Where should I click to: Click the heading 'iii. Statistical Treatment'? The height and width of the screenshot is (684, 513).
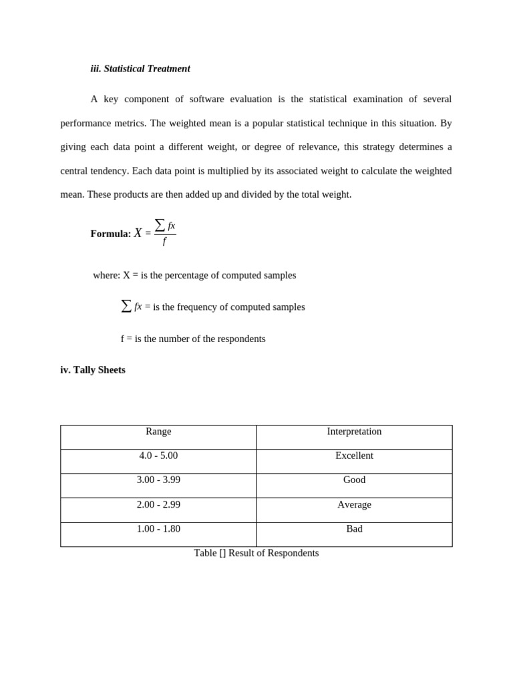(x=140, y=69)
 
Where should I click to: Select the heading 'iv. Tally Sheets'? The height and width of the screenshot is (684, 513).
(x=93, y=370)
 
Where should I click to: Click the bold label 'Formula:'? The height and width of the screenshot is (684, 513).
(x=110, y=234)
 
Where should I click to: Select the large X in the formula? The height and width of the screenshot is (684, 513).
(x=138, y=233)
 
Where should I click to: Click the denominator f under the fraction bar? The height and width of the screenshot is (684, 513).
(x=164, y=242)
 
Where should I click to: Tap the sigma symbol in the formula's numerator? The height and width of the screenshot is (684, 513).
(x=160, y=225)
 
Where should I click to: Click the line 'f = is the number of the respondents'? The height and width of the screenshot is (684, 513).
(x=193, y=339)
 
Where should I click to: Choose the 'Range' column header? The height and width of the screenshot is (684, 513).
(x=158, y=432)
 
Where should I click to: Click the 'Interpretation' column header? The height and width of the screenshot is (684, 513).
(x=354, y=432)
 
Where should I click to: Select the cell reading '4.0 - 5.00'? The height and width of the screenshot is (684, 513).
(x=158, y=456)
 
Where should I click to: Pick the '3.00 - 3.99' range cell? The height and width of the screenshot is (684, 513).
(x=158, y=480)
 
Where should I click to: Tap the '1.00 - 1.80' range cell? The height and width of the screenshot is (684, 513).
(x=158, y=529)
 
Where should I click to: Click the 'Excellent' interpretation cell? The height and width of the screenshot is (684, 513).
(x=354, y=456)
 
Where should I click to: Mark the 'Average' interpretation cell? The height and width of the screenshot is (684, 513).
(x=354, y=505)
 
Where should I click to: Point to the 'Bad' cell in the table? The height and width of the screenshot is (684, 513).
(x=354, y=529)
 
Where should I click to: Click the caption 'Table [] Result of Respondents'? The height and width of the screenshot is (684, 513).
(x=256, y=553)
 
